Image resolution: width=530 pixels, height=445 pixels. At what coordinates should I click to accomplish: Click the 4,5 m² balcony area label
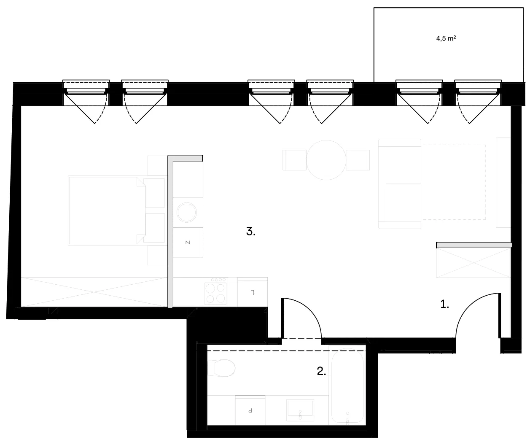(446, 38)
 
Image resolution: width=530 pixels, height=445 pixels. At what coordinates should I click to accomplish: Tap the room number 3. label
(250, 232)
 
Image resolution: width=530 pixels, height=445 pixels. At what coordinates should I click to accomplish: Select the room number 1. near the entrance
(444, 304)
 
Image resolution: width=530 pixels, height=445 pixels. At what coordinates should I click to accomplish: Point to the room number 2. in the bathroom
(321, 371)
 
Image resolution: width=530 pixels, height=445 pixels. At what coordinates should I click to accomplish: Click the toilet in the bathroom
(221, 368)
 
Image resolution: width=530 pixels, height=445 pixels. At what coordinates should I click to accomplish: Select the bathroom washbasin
(300, 410)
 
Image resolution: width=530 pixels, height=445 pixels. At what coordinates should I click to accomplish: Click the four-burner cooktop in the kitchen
(215, 291)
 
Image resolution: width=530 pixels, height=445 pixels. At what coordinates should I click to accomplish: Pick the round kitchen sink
(186, 212)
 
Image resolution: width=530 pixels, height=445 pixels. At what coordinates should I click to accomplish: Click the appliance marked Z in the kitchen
(188, 242)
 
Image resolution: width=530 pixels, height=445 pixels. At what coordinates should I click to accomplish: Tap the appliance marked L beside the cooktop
(253, 292)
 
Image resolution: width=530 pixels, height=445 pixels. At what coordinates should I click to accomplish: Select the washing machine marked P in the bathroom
(250, 410)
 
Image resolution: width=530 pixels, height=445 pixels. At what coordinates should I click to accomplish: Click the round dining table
(326, 160)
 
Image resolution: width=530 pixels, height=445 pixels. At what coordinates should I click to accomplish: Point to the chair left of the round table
(294, 160)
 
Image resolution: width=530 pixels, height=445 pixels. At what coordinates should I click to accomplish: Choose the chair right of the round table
(358, 160)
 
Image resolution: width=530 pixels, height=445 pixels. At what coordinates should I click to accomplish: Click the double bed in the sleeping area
(107, 210)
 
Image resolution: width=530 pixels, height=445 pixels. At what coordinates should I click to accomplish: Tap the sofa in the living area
(400, 183)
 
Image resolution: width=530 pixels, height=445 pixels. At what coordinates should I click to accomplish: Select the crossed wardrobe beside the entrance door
(474, 263)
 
